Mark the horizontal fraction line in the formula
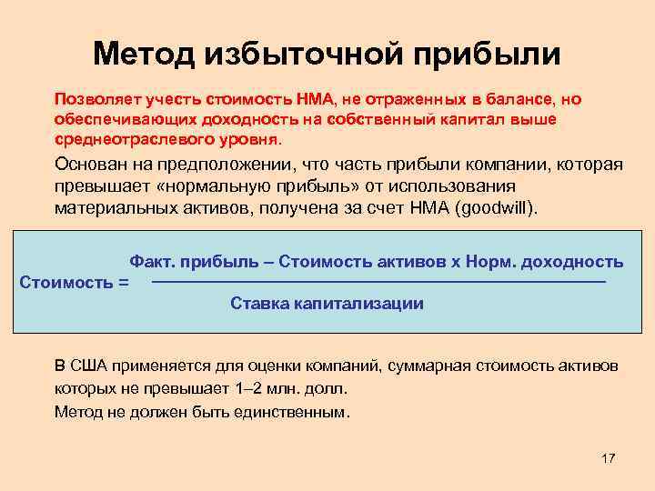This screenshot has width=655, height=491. coord(378,284)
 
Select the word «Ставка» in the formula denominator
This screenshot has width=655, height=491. coord(258,304)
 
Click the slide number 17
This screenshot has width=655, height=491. coord(609,458)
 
